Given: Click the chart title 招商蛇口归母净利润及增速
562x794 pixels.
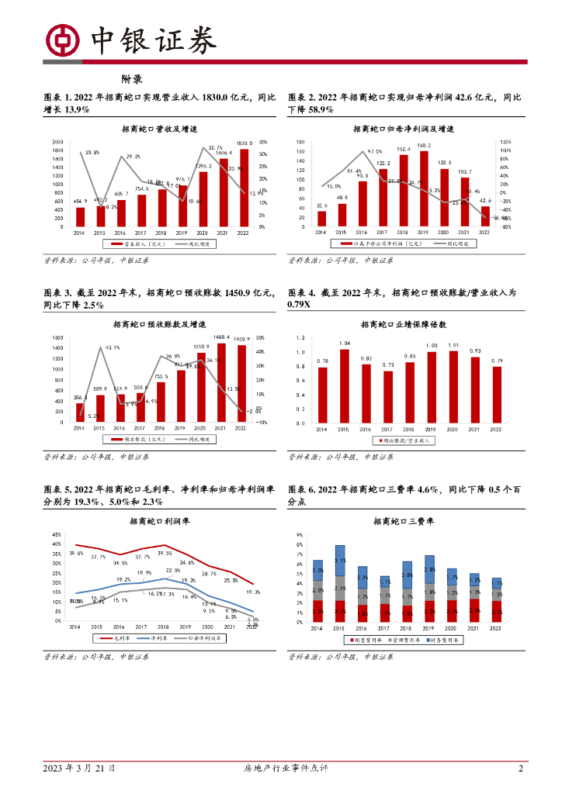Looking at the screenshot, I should click(403, 129).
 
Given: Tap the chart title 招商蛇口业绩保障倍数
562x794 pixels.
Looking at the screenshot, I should click(402, 325).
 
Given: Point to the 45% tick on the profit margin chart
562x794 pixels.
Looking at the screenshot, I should click(57, 535).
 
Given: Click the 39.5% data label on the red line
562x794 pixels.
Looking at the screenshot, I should click(165, 553).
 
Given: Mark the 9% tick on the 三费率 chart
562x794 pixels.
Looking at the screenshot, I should click(297, 535).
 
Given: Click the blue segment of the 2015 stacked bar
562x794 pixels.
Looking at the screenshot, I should click(339, 560).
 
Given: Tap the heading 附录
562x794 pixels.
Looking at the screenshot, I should click(131, 79).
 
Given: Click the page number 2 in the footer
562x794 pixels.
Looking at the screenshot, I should click(521, 768).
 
